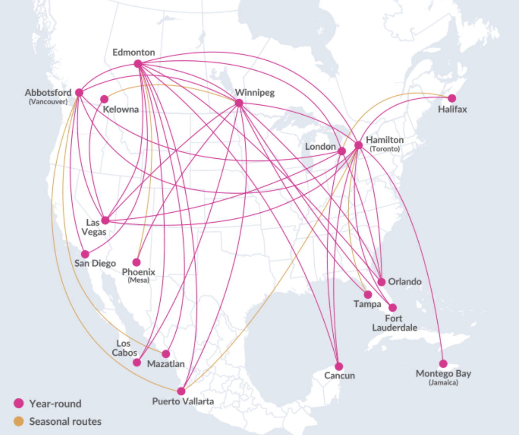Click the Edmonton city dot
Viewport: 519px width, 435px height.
pyautogui.click(x=138, y=64)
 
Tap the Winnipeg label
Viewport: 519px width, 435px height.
pyautogui.click(x=255, y=92)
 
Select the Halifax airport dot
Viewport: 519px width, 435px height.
pyautogui.click(x=452, y=98)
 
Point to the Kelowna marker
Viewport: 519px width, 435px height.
pyautogui.click(x=104, y=99)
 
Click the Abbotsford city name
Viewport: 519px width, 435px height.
pyautogui.click(x=48, y=92)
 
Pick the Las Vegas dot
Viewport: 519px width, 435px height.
pyautogui.click(x=105, y=220)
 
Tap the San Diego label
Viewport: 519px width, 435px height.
pyautogui.click(x=95, y=263)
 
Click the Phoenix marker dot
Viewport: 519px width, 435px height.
pyautogui.click(x=136, y=262)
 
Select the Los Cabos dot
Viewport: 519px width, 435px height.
pyautogui.click(x=137, y=362)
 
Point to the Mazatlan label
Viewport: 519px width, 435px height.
pyautogui.click(x=166, y=364)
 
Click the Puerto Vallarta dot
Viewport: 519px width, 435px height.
pyautogui.click(x=181, y=391)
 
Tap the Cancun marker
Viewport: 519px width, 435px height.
pyautogui.click(x=339, y=366)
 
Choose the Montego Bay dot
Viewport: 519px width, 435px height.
pyautogui.click(x=443, y=364)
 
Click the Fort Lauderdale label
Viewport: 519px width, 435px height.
pyautogui.click(x=394, y=323)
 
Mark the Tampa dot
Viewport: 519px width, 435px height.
pyautogui.click(x=368, y=294)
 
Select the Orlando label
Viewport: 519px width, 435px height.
pyautogui.click(x=405, y=281)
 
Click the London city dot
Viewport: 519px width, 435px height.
pyautogui.click(x=342, y=151)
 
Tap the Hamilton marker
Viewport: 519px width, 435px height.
pyautogui.click(x=358, y=145)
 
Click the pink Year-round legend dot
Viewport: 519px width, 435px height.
pyautogui.click(x=19, y=403)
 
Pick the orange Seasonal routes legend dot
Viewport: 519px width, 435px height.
pyautogui.click(x=19, y=421)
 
